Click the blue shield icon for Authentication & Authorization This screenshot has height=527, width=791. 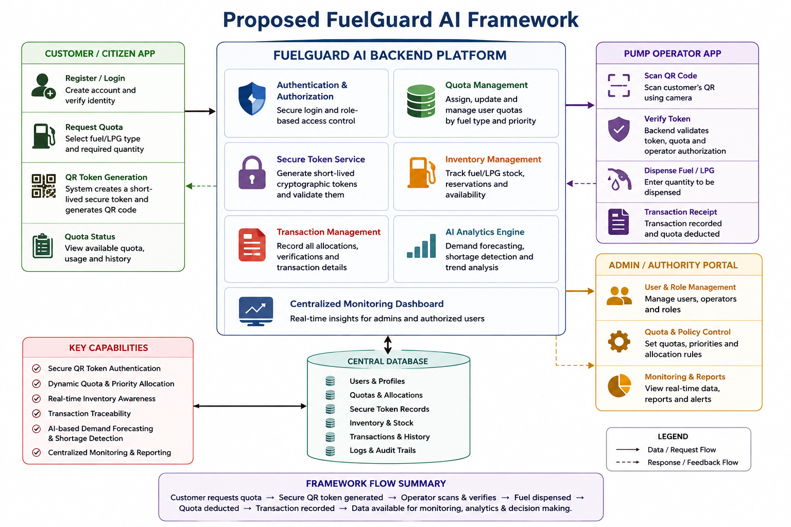[x=252, y=99]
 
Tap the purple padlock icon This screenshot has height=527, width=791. [x=252, y=172]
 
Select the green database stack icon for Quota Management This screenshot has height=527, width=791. [x=421, y=101]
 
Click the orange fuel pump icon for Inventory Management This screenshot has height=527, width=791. [x=421, y=172]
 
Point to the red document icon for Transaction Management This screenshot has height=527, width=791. [x=252, y=245]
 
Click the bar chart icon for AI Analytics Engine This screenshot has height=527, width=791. [x=421, y=245]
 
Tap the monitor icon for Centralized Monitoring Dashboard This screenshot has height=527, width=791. [x=255, y=311]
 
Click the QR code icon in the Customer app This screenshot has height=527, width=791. [x=43, y=186]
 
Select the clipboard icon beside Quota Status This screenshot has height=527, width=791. [x=43, y=245]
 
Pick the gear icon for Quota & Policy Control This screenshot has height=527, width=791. [x=618, y=341]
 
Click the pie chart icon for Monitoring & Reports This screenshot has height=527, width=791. [x=619, y=386]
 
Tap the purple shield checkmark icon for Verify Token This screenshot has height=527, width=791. [x=618, y=129]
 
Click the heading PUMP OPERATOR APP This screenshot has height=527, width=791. [x=673, y=54]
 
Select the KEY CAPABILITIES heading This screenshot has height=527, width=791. [x=109, y=348]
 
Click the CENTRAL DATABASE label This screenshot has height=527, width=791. [x=387, y=361]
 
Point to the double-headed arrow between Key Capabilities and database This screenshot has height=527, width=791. [x=250, y=406]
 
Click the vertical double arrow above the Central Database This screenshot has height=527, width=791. [x=388, y=345]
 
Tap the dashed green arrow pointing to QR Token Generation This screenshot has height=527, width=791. [x=201, y=186]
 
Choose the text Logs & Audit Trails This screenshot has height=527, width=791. [x=383, y=450]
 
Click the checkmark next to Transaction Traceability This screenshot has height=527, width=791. [x=37, y=413]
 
